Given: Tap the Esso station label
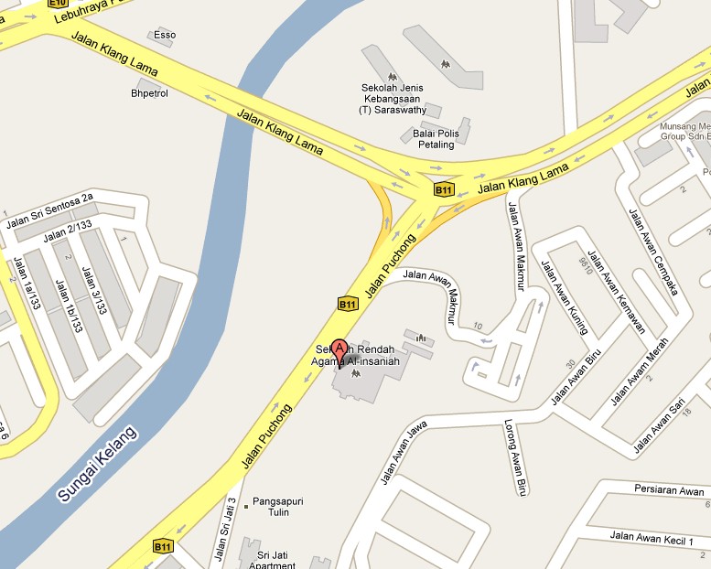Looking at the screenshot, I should (x=165, y=36).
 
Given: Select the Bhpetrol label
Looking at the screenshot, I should (x=150, y=93).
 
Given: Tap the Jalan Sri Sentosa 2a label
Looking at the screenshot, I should (x=49, y=211).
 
